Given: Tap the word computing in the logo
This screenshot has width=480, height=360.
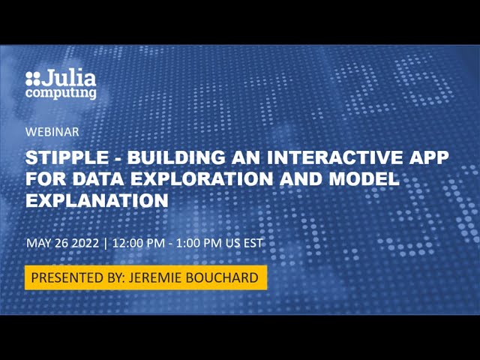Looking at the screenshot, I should point(61,93).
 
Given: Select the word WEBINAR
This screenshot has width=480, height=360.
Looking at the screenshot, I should point(52,131).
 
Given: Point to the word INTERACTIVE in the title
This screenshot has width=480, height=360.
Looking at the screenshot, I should point(329,159).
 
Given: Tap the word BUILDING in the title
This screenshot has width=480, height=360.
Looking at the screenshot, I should point(172,159).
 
